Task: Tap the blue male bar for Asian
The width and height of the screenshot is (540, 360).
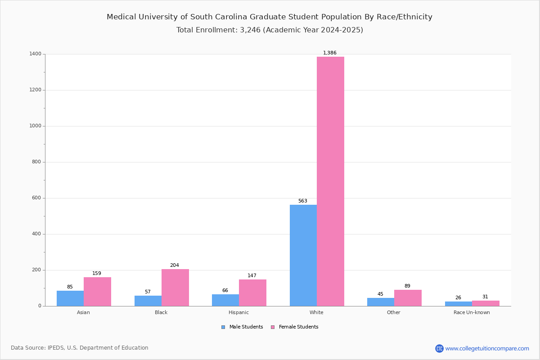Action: (x=70, y=298)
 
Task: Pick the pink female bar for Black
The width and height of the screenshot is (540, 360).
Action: (x=175, y=288)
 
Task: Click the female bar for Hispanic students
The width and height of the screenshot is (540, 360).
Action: (x=252, y=292)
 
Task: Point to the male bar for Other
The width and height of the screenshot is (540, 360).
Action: (x=380, y=302)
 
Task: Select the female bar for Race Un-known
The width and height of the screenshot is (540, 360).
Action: (x=486, y=303)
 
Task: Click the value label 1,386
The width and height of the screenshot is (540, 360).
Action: (x=330, y=53)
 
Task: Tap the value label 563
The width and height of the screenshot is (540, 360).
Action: (x=303, y=201)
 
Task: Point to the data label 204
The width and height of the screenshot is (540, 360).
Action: (x=175, y=265)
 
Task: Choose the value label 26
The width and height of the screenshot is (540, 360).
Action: (x=458, y=298)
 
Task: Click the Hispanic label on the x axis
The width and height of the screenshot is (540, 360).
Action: (x=238, y=313)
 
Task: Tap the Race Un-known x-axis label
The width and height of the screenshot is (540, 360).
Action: (x=472, y=313)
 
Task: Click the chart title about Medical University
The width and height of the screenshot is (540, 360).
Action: (x=270, y=17)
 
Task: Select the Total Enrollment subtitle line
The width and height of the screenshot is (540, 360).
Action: (x=270, y=30)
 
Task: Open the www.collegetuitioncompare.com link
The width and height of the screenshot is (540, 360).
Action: (x=487, y=348)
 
